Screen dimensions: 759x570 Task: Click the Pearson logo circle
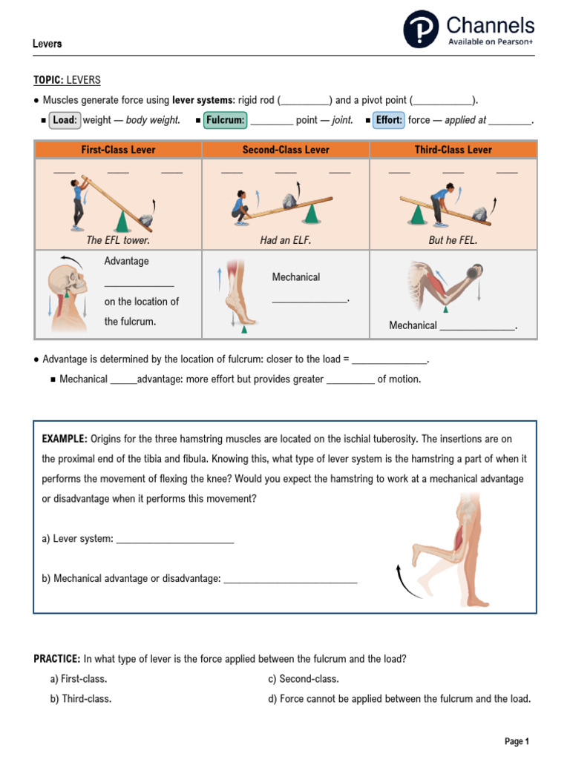(422, 30)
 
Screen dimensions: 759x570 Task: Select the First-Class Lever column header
(118, 150)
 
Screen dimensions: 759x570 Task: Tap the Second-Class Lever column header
(286, 150)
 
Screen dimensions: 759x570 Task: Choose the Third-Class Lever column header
(453, 150)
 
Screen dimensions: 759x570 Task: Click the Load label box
(65, 120)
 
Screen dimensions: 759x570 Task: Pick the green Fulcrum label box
(226, 120)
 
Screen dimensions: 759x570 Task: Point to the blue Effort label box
(389, 120)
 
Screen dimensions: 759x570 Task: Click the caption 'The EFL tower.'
(118, 240)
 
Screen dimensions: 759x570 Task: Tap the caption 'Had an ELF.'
(286, 240)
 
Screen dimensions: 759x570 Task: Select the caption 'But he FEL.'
(453, 240)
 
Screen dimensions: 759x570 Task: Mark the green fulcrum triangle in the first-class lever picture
(121, 220)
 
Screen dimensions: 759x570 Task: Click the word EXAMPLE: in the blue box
(65, 440)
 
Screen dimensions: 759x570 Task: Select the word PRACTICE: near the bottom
(57, 658)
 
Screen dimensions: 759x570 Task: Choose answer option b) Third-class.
(81, 698)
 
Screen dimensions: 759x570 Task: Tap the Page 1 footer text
(517, 741)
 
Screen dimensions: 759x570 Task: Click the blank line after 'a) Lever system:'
(175, 539)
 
